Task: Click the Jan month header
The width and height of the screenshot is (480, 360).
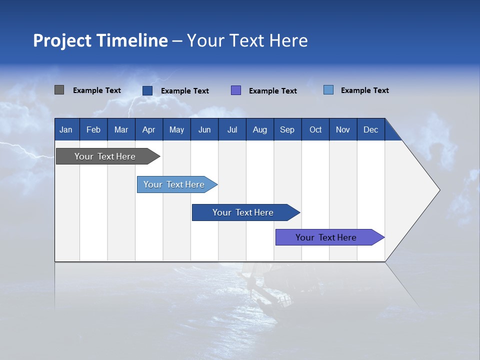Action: [x=66, y=129]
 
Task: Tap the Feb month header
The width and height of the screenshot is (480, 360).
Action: [x=93, y=129]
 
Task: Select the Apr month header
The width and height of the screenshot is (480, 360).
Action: [x=149, y=129]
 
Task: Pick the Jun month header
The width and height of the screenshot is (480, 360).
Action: [x=204, y=129]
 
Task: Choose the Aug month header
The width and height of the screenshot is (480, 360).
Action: [x=260, y=129]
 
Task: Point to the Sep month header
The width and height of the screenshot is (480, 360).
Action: [x=287, y=129]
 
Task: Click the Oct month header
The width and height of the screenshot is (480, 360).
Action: [x=315, y=129]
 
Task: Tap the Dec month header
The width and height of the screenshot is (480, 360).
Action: [x=371, y=129]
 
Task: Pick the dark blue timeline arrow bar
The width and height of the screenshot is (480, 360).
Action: [x=243, y=212]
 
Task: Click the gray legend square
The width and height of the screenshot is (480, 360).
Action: [x=59, y=90]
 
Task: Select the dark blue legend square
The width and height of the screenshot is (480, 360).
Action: [x=147, y=90]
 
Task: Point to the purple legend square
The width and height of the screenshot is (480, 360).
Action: [x=236, y=90]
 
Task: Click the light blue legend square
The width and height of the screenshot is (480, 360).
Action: [x=328, y=90]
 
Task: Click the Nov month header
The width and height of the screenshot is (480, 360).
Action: [x=343, y=129]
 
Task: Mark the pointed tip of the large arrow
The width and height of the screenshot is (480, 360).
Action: [x=438, y=190]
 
